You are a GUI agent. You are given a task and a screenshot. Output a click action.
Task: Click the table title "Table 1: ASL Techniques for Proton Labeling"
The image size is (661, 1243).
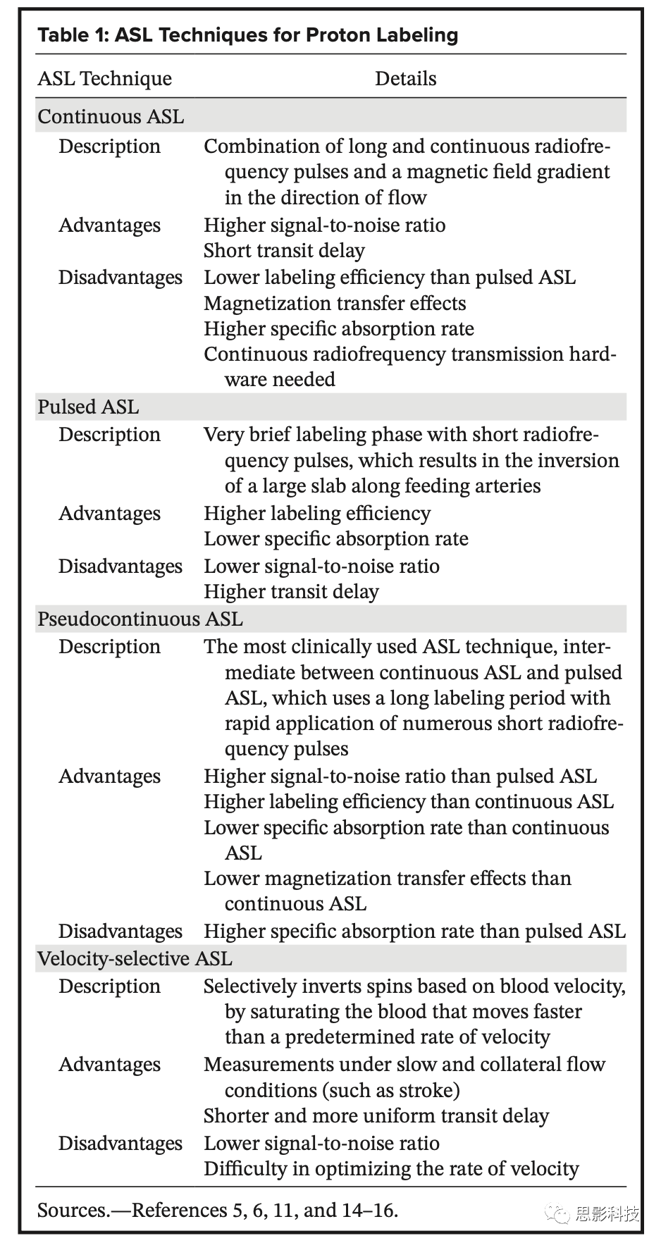(x=247, y=35)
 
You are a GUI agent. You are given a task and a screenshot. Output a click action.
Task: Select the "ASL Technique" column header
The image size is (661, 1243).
(x=104, y=79)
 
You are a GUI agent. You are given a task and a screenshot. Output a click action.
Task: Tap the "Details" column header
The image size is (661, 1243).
(x=405, y=79)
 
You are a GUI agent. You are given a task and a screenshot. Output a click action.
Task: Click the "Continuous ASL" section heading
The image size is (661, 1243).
(x=111, y=116)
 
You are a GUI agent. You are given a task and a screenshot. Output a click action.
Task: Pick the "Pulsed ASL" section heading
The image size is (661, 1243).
(x=88, y=407)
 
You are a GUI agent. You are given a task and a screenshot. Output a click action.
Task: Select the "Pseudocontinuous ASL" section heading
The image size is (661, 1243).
(x=140, y=619)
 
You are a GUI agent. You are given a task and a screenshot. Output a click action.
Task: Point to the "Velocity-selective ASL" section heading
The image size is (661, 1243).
(x=135, y=958)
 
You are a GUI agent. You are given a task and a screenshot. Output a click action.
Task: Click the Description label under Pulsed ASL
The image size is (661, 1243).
(x=109, y=435)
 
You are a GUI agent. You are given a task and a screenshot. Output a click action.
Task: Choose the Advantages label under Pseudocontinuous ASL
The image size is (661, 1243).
(x=109, y=777)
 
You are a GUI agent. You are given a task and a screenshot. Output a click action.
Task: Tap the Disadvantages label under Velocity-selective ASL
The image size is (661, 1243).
(x=120, y=1143)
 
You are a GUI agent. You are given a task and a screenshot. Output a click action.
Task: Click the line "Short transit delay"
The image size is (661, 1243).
(x=284, y=251)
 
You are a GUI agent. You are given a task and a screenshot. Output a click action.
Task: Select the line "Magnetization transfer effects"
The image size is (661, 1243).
(x=335, y=304)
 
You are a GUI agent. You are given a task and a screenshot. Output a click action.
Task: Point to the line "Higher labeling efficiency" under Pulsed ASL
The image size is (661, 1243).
(x=317, y=513)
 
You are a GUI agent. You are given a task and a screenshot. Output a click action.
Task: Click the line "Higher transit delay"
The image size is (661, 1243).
(x=291, y=592)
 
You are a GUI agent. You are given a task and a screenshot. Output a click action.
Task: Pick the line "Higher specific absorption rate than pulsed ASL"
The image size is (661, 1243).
(x=414, y=931)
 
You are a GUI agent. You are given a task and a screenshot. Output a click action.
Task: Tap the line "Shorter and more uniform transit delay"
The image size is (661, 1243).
(x=376, y=1116)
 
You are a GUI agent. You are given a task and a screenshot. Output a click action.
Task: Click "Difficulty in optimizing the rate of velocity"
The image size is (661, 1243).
(x=391, y=1169)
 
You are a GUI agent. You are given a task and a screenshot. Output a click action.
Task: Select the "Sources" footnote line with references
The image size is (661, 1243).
(x=218, y=1210)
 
